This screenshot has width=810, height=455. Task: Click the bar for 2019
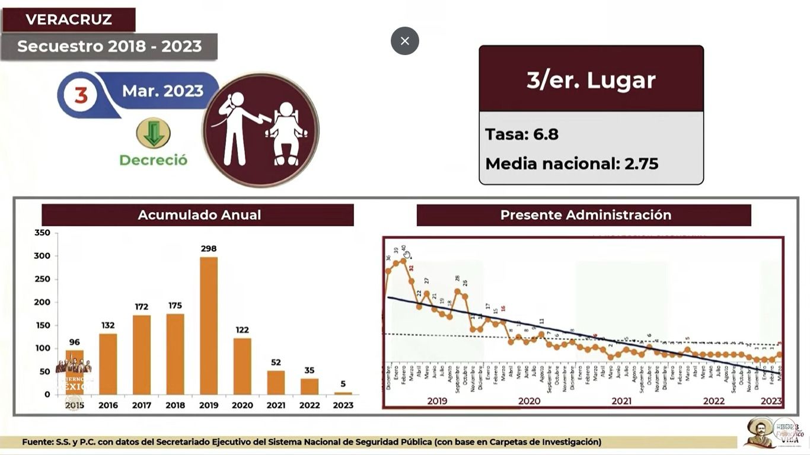209,326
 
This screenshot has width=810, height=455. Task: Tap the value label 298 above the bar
209,249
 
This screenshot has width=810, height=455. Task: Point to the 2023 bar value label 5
343,384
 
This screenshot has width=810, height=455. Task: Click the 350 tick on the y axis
42,233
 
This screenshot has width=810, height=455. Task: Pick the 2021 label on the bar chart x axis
276,405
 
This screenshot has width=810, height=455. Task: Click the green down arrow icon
154,133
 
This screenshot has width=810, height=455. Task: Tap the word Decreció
154,160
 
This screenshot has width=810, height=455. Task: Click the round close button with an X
405,41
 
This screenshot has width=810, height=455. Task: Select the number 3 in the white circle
81,95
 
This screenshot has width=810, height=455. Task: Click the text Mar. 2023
162,91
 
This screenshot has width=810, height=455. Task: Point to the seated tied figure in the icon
286,133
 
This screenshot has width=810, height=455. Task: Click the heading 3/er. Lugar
591,80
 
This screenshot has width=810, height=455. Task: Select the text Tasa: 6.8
522,134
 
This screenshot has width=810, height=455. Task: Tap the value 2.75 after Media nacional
641,164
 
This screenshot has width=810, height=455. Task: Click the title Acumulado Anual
199,215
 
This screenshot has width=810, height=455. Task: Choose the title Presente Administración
585,215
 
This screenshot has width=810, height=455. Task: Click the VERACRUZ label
69,20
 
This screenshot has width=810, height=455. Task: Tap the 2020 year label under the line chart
529,401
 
